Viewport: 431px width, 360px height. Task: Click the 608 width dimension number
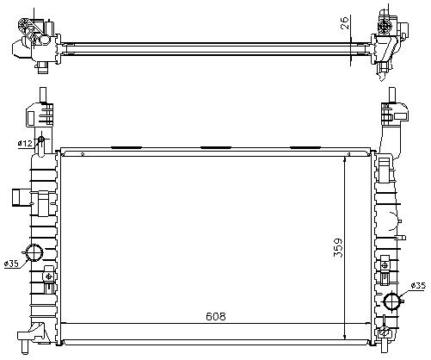[216, 316]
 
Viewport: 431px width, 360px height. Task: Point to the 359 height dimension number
[338, 248]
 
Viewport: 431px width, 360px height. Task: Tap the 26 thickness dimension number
[345, 22]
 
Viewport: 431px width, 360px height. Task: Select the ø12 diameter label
[25, 143]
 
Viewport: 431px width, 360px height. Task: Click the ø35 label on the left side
[13, 264]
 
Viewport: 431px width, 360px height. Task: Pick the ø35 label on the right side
[418, 286]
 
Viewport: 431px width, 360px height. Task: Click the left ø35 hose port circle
[34, 252]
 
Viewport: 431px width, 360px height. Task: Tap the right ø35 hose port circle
[391, 301]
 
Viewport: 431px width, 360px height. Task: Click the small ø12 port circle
[41, 140]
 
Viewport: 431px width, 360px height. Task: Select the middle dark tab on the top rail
[216, 147]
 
